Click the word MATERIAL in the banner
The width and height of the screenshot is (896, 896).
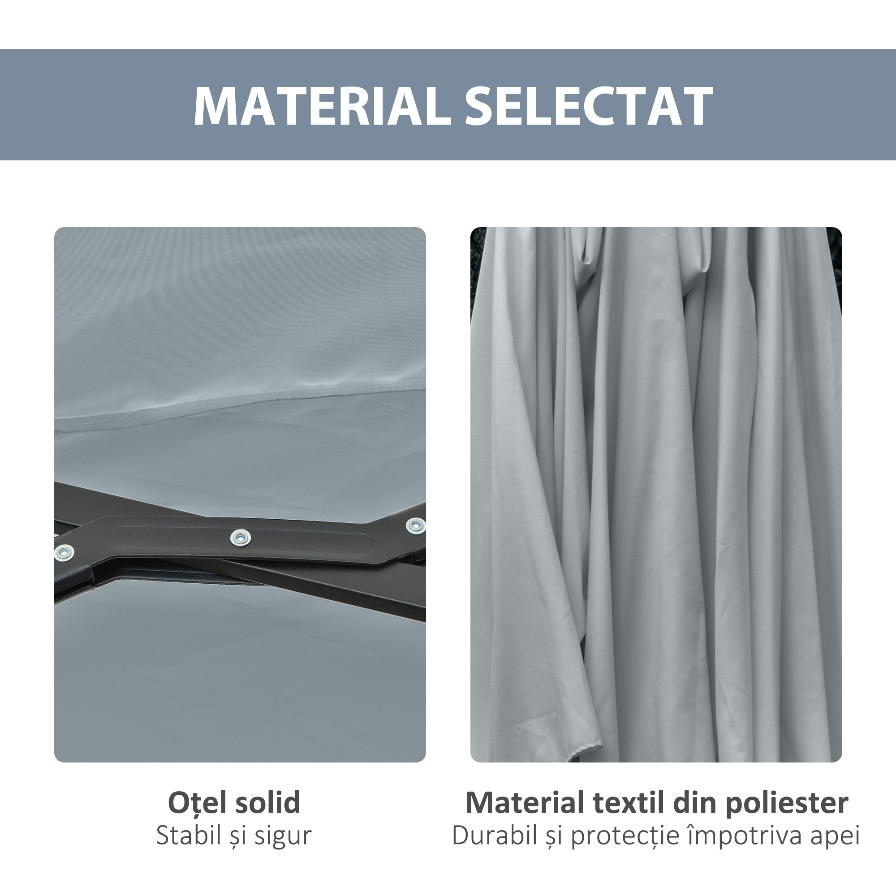coord(322,106)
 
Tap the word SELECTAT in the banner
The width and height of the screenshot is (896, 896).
coord(589,106)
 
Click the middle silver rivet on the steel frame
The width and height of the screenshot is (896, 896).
coord(240,538)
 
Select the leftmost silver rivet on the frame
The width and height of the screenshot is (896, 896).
coord(64,552)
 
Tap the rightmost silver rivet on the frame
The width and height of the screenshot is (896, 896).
coord(416,526)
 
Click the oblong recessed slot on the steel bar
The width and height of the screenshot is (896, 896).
coord(241,538)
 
